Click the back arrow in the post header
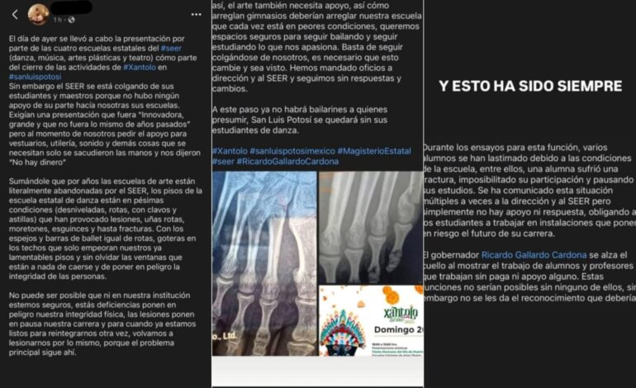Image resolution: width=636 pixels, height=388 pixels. [x=15, y=14]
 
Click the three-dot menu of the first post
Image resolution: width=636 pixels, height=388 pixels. [x=194, y=14]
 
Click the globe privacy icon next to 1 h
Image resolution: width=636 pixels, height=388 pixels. [x=72, y=19]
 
